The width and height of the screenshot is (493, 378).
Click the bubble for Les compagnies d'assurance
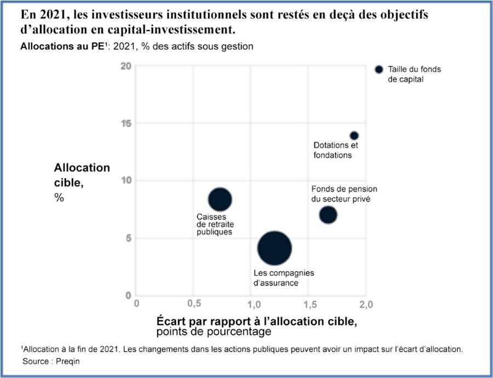click(x=274, y=248)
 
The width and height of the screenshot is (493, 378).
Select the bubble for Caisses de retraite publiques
click(x=220, y=199)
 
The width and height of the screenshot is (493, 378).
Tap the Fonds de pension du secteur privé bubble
click(x=328, y=215)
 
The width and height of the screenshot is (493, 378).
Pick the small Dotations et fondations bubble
click(x=354, y=135)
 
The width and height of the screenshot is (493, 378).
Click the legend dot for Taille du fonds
click(x=379, y=70)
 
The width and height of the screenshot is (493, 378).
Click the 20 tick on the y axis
click(x=127, y=66)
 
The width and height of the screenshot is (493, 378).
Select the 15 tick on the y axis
click(x=127, y=123)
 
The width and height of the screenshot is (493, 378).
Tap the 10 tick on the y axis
click(x=127, y=180)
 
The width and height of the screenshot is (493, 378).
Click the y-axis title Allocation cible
click(x=82, y=175)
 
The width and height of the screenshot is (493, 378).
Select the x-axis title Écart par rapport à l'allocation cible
click(x=256, y=320)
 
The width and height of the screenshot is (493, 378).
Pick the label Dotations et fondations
click(x=336, y=150)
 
